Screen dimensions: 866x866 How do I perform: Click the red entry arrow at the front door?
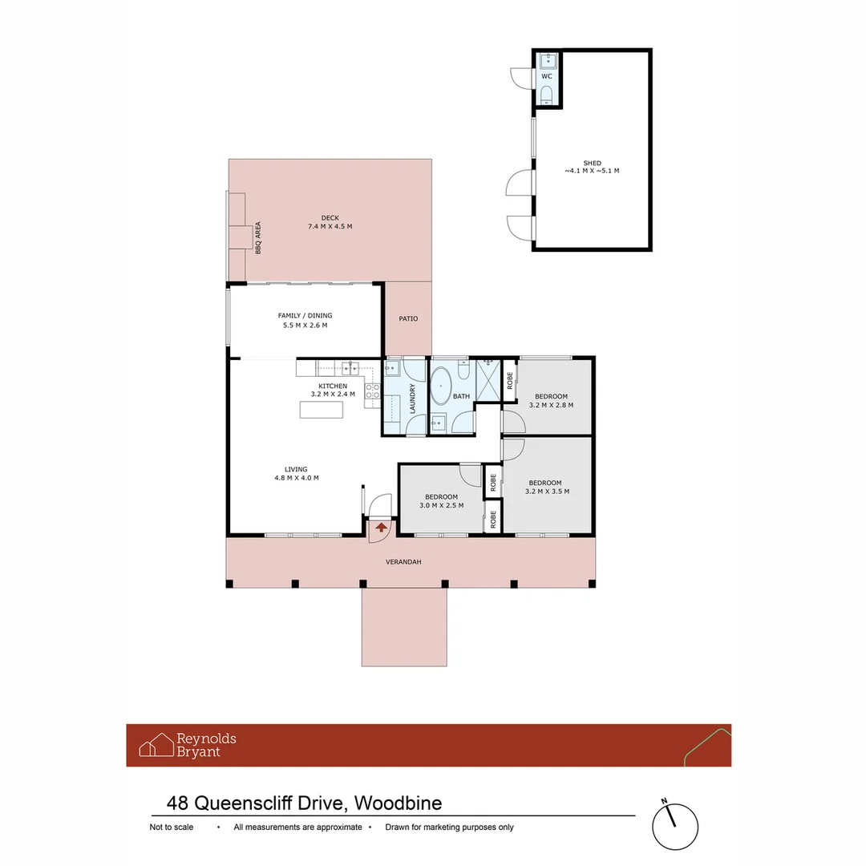(x=381, y=528)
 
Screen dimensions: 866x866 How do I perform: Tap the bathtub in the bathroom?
(x=441, y=387)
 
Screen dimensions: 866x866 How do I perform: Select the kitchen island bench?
(x=322, y=409)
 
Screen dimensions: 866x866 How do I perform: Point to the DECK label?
(x=330, y=217)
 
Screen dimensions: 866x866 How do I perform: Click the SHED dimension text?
(x=592, y=171)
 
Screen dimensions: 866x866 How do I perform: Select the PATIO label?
(x=408, y=319)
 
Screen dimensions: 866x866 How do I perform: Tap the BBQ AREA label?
(x=258, y=238)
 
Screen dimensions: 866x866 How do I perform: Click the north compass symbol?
(x=674, y=825)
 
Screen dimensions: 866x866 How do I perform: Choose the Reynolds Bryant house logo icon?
(x=156, y=745)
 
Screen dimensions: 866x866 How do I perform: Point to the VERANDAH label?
(x=403, y=562)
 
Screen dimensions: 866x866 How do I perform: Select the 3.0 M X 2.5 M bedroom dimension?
(x=441, y=505)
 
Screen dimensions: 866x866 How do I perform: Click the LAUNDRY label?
(x=413, y=398)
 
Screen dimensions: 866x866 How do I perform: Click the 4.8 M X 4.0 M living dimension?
(x=296, y=478)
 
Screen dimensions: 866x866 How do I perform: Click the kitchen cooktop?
(x=373, y=392)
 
